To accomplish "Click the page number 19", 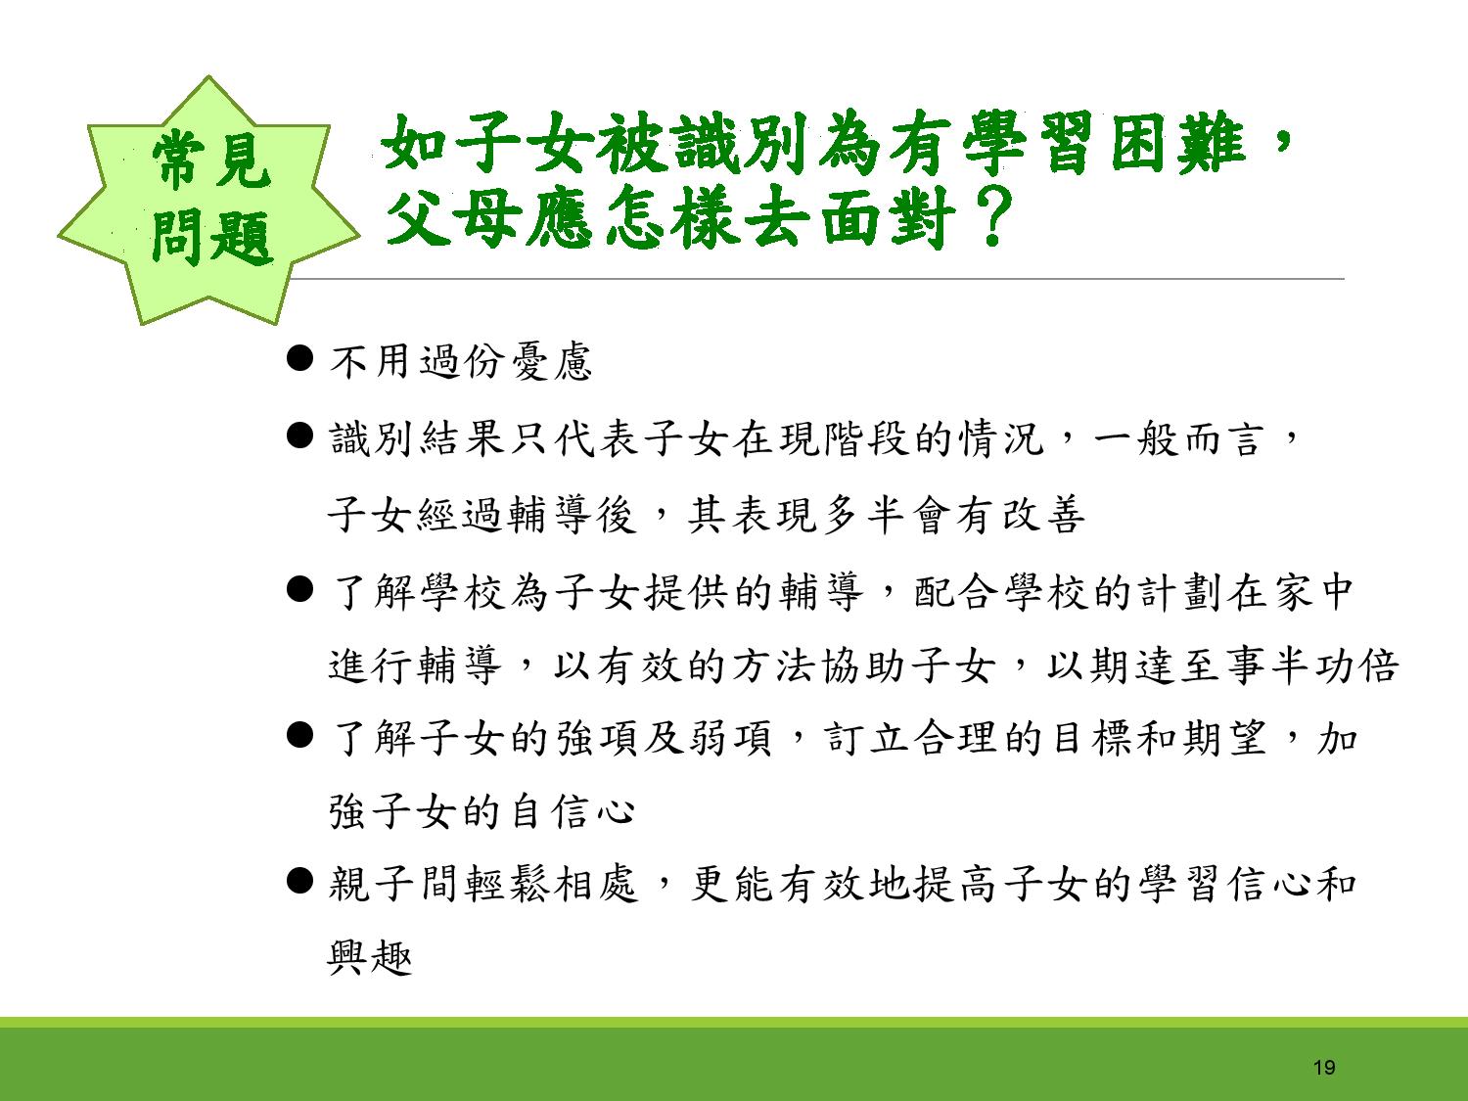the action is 1323,1067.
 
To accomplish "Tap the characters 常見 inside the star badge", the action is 210,161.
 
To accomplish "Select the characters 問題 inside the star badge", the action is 212,237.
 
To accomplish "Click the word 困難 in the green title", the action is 1178,142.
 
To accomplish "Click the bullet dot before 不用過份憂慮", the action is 298,357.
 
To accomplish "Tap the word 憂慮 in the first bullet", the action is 551,362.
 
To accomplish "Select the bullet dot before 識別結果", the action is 298,436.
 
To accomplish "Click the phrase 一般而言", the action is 1179,439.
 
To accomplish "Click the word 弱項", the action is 730,739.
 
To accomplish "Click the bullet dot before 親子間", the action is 298,881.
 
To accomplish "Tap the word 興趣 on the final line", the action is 369,958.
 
